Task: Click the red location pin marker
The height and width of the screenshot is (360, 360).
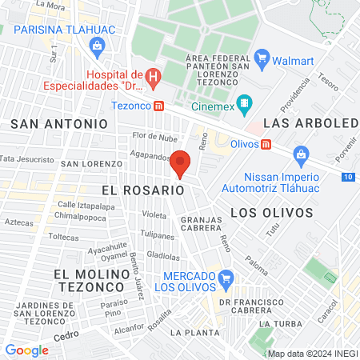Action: (x=180, y=163)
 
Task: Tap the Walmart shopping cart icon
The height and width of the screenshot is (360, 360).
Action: (x=262, y=57)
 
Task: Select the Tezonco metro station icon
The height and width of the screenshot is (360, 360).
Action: (x=159, y=106)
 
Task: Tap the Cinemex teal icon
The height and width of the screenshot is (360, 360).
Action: (x=245, y=102)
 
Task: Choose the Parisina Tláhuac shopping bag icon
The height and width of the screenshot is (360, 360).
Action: (x=97, y=46)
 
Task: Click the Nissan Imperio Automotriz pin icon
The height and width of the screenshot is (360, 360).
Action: (x=301, y=154)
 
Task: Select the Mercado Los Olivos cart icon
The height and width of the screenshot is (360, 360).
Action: (x=226, y=278)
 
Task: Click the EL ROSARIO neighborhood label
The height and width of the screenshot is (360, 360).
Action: (x=143, y=190)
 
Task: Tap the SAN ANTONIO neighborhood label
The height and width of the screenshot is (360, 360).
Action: (x=59, y=124)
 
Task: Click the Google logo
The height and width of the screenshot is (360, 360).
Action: (x=26, y=350)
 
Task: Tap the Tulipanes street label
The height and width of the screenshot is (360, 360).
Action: (x=158, y=237)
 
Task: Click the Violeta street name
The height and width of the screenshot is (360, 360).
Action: (x=154, y=214)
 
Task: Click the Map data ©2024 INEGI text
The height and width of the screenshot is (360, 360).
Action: (x=313, y=354)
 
